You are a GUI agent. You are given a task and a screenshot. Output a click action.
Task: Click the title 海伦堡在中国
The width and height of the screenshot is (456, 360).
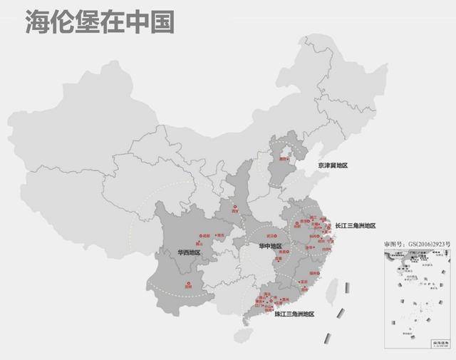pos(99,22)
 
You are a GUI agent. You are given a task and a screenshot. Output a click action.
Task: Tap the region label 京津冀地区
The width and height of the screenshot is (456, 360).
pos(333,165)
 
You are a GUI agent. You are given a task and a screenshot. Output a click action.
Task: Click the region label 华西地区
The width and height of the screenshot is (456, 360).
pos(190,252)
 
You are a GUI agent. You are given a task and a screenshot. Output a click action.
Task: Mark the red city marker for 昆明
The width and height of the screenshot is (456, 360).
pos(189,284)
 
